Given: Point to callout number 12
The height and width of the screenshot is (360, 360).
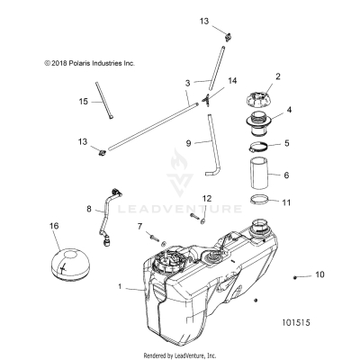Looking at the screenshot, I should (x=206, y=222).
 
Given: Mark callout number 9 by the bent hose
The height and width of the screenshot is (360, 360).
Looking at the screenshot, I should (x=189, y=142).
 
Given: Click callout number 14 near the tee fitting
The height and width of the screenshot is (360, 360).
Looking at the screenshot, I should (x=232, y=81).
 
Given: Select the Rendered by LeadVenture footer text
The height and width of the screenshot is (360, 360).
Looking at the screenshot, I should (x=179, y=355).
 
